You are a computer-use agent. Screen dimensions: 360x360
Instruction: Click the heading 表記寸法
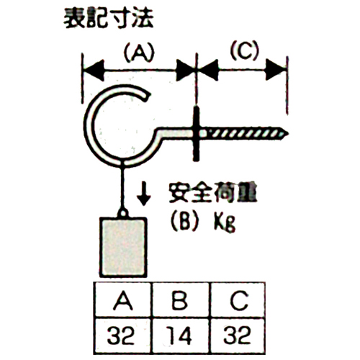pyautogui.click(x=109, y=19)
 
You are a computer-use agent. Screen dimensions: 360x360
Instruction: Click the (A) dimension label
pyautogui.click(x=139, y=53)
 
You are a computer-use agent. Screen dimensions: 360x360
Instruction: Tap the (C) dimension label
pyautogui.click(x=244, y=51)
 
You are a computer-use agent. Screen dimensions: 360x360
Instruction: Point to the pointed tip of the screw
pyautogui.click(x=287, y=133)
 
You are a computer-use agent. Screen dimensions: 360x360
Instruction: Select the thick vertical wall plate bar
pyautogui.click(x=196, y=134)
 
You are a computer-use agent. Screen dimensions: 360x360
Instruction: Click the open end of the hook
pyautogui.click(x=147, y=96)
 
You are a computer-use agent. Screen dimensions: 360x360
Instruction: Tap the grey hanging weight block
pyautogui.click(x=123, y=247)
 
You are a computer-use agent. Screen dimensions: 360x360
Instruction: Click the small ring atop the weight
pyautogui.click(x=123, y=213)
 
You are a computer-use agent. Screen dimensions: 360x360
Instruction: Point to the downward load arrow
pyautogui.click(x=143, y=193)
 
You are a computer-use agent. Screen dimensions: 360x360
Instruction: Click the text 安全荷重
pyautogui.click(x=212, y=193)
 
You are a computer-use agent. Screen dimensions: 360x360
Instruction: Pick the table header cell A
pyautogui.click(x=123, y=300)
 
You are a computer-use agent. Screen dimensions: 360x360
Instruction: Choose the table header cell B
pyautogui.click(x=181, y=300)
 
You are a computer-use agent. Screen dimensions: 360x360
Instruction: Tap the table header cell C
pyautogui.click(x=238, y=300)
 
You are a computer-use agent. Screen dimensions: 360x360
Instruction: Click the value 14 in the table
pyautogui.click(x=181, y=336)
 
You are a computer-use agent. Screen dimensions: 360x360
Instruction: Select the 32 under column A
pyautogui.click(x=121, y=336)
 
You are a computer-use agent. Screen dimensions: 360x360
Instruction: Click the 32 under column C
pyautogui.click(x=237, y=335)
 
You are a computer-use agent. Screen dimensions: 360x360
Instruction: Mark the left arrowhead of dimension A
pyautogui.click(x=94, y=71)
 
